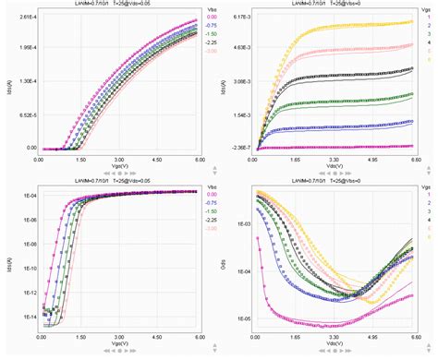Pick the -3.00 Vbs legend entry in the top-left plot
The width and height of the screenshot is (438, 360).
tap(212, 51)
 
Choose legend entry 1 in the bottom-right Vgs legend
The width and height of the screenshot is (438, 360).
tap(431, 198)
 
